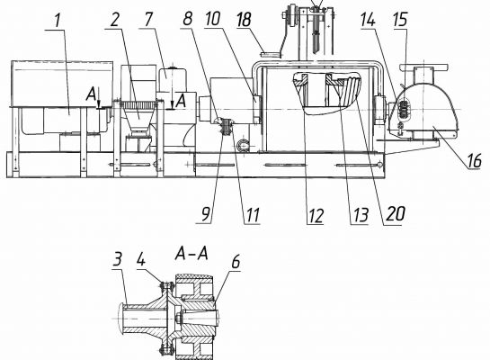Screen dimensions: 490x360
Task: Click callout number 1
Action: [58, 21]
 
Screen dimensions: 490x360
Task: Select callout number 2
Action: [115, 21]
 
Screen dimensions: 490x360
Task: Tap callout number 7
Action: [148, 20]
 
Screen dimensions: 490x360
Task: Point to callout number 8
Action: [187, 19]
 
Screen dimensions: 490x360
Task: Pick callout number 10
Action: [213, 19]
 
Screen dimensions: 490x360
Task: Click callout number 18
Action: [244, 20]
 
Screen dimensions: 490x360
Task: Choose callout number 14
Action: [368, 20]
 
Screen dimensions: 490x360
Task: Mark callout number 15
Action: [400, 20]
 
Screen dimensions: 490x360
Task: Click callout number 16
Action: [474, 161]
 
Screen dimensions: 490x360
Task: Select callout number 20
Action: [396, 214]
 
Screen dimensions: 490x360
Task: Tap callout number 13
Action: [361, 215]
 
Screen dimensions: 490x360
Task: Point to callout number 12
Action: [316, 215]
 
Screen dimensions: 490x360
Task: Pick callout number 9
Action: [205, 214]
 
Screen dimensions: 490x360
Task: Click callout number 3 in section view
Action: [117, 259]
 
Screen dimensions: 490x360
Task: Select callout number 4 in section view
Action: [141, 258]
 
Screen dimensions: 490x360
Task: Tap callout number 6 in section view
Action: [236, 262]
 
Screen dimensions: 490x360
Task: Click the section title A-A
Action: [192, 253]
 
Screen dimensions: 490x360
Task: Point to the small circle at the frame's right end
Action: [379, 163]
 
